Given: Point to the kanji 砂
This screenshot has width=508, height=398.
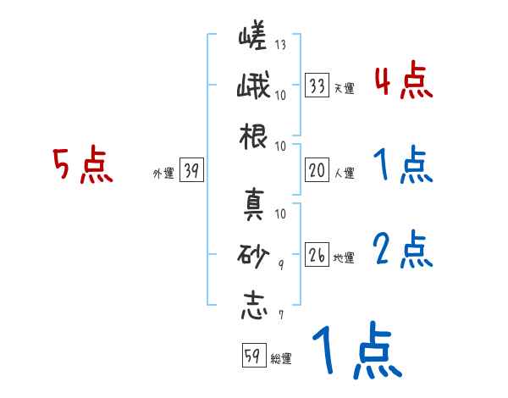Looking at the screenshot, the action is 253,254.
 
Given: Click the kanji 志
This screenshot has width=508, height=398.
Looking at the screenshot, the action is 253,305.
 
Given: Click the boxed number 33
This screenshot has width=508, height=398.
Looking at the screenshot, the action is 317,85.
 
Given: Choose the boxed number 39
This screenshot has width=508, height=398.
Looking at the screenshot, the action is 190,171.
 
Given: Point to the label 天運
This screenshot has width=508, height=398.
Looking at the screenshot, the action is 344,88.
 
